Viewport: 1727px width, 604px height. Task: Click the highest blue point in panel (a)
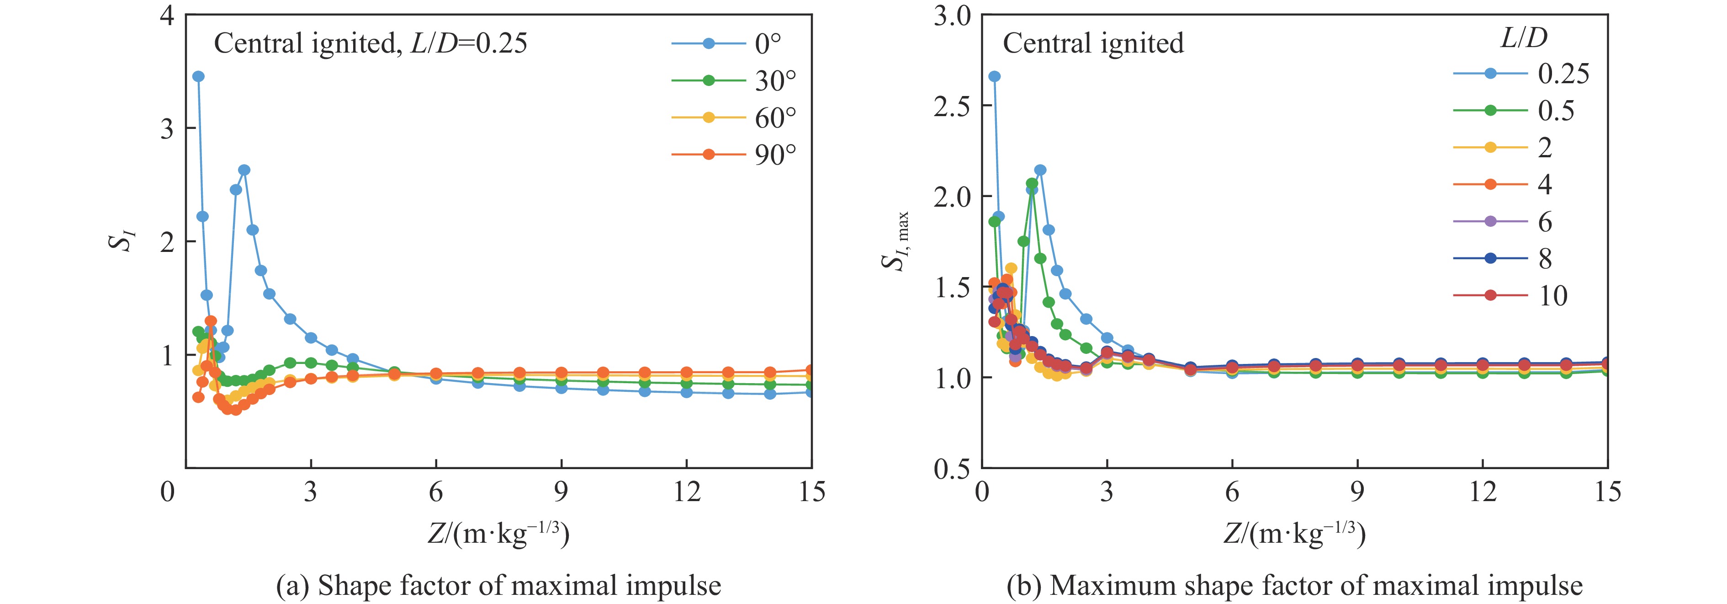(x=198, y=76)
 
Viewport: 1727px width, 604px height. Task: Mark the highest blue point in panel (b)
(x=994, y=76)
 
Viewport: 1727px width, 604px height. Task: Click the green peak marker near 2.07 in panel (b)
(x=1032, y=183)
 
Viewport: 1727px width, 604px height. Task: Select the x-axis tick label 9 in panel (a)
(x=561, y=492)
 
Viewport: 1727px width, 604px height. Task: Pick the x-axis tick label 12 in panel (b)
(x=1482, y=492)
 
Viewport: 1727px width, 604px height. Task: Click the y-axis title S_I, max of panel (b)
(x=895, y=241)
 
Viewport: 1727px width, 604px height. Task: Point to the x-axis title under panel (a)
(x=499, y=534)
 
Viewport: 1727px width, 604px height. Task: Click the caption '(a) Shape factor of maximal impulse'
(x=499, y=586)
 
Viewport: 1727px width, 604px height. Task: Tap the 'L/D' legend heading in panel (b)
(x=1523, y=38)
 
